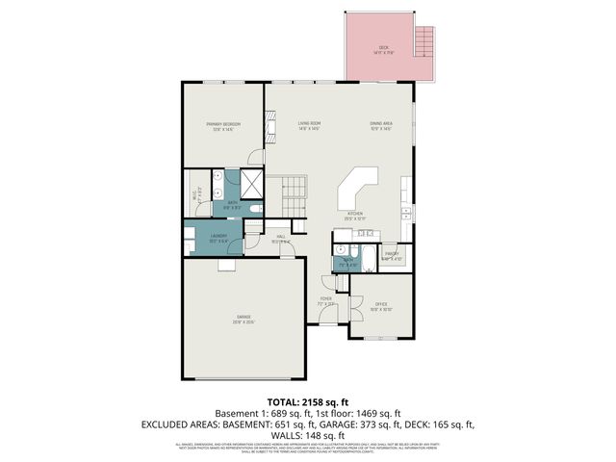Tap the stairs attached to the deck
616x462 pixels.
coord(423,42)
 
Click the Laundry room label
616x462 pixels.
coord(217,237)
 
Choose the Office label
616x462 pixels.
coord(380,306)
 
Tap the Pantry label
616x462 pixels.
coord(391,256)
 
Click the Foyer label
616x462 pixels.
coord(326,300)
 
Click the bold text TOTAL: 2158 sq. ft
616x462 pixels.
coord(307,401)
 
